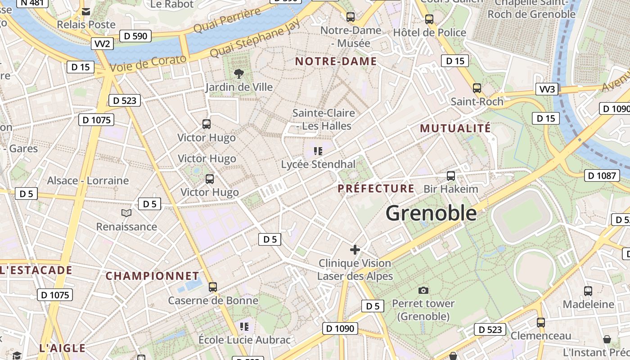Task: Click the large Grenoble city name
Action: coord(431,213)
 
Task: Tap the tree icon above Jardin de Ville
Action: coord(239,73)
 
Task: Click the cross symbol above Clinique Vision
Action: coord(355,249)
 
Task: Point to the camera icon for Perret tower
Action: coord(423,290)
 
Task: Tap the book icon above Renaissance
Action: coord(126,213)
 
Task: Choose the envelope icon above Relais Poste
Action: coord(86,12)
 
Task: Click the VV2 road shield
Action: coord(103,44)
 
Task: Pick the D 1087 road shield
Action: coord(602,175)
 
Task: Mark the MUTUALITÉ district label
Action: coord(455,128)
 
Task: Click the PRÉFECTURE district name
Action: coord(376,189)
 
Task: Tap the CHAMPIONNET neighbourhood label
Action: coord(152,276)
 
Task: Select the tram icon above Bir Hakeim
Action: coord(451,176)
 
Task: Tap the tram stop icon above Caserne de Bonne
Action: coord(213,287)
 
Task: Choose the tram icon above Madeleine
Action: coord(588,291)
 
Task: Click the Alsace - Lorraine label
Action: coord(88,180)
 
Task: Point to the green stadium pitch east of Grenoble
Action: coord(522,216)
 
